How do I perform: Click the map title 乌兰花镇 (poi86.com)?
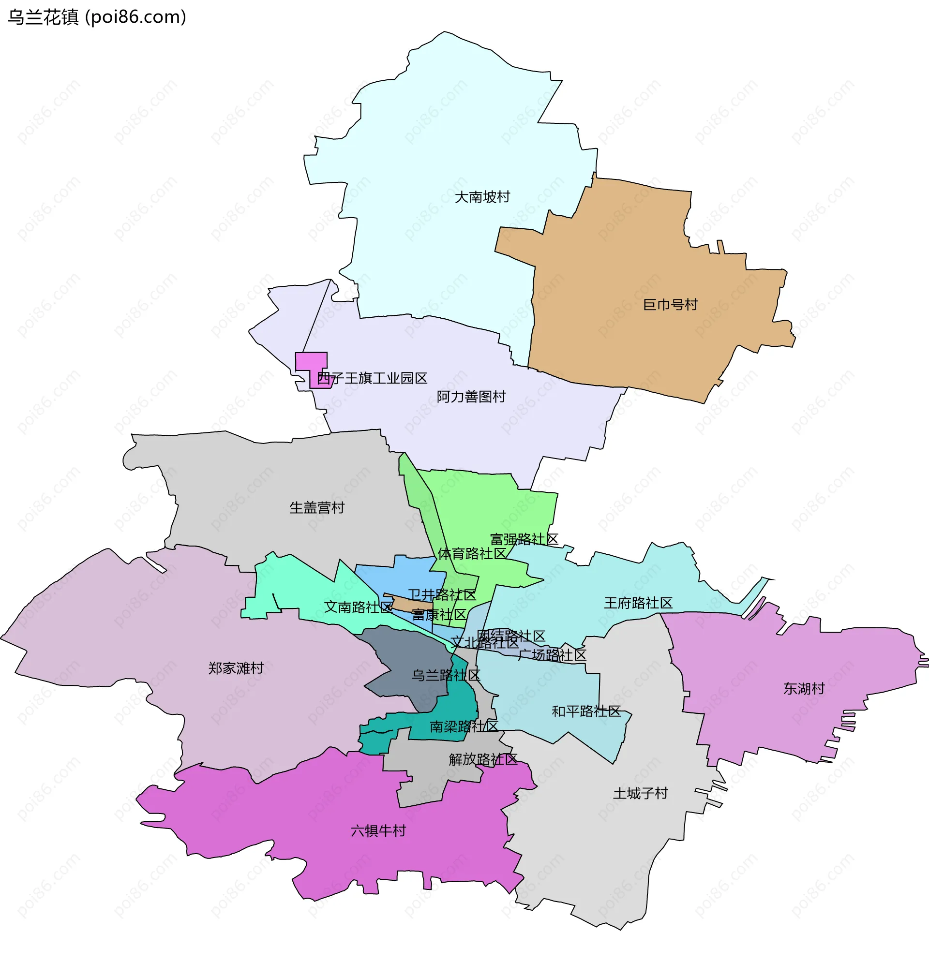[x=97, y=17]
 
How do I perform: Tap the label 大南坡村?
[x=482, y=197]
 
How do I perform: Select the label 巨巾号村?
[x=670, y=304]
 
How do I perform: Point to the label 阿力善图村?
[x=471, y=396]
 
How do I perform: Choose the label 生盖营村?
[x=317, y=507]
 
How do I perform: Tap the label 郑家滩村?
[x=236, y=668]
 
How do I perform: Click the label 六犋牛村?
[x=378, y=830]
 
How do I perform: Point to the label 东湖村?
[x=803, y=689]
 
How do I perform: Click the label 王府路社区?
[x=637, y=603]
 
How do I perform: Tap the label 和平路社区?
[x=586, y=711]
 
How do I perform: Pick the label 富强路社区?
[x=524, y=539]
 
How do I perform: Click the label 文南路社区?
[x=358, y=607]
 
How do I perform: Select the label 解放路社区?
[x=483, y=759]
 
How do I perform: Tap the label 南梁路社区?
[x=464, y=726]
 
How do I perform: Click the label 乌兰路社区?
[x=445, y=675]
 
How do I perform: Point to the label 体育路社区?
[x=471, y=554]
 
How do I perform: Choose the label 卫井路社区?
[x=442, y=595]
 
